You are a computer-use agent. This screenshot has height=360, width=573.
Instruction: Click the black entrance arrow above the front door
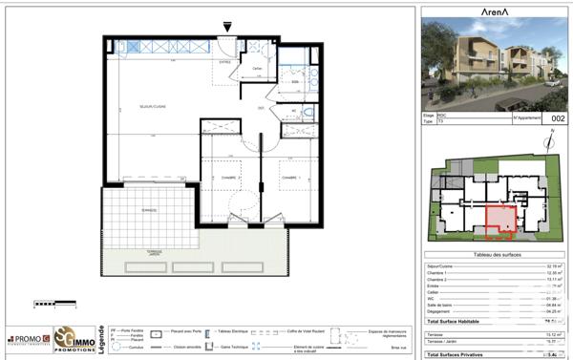pyautogui.click(x=226, y=27)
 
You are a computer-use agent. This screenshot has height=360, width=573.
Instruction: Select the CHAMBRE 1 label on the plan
pyautogui.click(x=290, y=179)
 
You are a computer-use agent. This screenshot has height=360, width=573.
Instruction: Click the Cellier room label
pyautogui.click(x=257, y=69)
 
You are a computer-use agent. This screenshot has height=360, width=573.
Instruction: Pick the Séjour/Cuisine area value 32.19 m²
pyautogui.click(x=551, y=265)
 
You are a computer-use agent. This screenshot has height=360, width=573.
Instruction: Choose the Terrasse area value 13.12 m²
pyautogui.click(x=551, y=334)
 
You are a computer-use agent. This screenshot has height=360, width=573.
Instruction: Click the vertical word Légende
pyautogui.click(x=103, y=340)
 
